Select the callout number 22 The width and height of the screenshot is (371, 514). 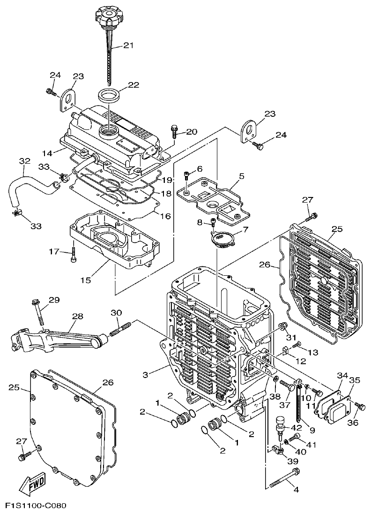click(x=134, y=85)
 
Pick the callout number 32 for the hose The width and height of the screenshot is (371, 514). click(x=24, y=161)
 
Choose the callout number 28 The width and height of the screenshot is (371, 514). click(x=77, y=317)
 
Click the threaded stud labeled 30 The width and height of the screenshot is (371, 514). click(x=119, y=330)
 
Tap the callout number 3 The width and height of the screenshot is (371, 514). click(x=145, y=374)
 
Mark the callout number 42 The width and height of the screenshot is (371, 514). click(x=296, y=427)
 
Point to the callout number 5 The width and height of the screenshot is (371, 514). click(x=242, y=176)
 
